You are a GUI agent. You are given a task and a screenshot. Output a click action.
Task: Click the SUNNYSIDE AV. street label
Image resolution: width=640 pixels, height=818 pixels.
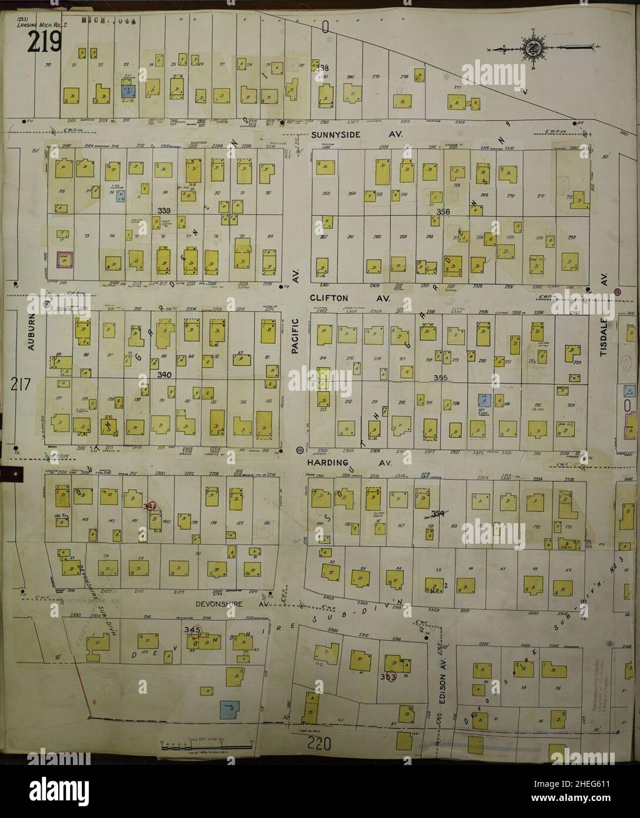click(x=356, y=134)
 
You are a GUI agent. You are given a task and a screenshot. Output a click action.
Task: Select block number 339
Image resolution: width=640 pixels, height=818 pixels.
click(x=165, y=210)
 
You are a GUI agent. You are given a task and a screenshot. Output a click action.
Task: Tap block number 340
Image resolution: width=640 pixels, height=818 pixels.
click(x=164, y=374)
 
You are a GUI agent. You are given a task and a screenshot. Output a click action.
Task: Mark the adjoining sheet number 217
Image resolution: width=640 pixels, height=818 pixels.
click(x=21, y=384)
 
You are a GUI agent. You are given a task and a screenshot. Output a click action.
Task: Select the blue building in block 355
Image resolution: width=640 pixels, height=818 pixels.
click(x=484, y=401)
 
